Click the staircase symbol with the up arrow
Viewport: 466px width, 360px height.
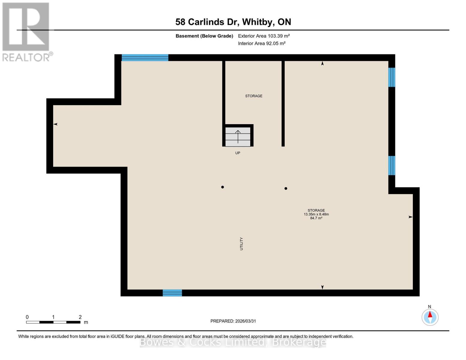point(238,136)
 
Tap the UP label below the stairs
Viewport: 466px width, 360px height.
point(238,153)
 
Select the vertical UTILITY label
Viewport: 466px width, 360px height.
point(241,244)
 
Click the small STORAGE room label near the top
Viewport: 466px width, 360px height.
point(254,96)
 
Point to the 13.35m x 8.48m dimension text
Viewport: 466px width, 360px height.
point(316,214)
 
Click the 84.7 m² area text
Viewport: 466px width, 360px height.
point(316,218)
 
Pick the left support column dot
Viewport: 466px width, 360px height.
point(222,187)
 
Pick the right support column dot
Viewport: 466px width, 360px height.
point(286,188)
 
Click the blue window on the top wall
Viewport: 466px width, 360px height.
point(145,58)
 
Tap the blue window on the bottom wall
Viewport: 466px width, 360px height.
point(172,293)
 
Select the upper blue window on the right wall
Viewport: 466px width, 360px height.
point(392,77)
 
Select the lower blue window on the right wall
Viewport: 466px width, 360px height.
point(392,165)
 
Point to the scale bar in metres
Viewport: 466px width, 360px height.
point(53,322)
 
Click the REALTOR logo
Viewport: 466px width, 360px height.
point(26,32)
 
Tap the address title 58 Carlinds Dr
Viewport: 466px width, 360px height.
point(233,22)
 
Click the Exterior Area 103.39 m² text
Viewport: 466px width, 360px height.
point(264,36)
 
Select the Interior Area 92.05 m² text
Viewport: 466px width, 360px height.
point(262,43)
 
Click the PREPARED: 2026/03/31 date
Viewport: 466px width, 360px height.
point(233,321)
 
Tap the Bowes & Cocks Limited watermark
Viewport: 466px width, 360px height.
point(233,342)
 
